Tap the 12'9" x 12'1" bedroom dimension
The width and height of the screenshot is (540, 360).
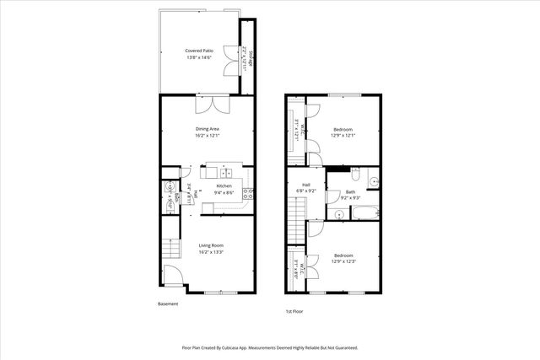(x=342, y=135)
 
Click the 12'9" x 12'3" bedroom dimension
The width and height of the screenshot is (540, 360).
(x=343, y=261)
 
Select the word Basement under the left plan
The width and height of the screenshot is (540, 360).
(x=168, y=304)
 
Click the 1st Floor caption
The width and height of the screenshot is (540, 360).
(x=294, y=311)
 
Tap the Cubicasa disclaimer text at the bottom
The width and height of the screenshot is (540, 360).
(x=270, y=347)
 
